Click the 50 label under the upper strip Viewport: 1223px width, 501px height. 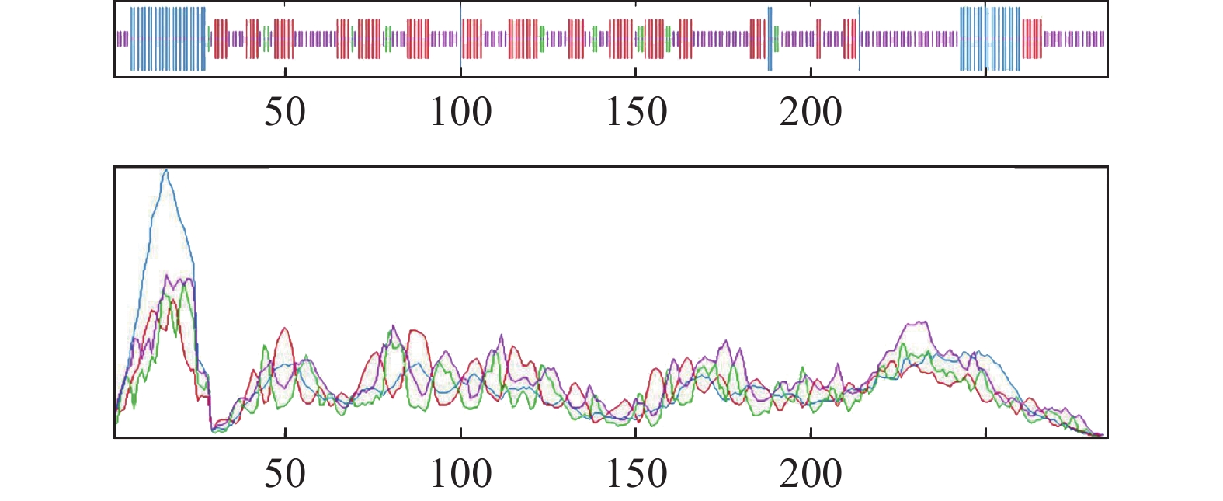point(285,113)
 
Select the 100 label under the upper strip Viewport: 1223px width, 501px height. point(461,113)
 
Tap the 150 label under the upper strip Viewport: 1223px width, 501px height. point(636,113)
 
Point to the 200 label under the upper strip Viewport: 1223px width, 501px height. point(811,113)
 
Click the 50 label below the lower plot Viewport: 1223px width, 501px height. point(285,474)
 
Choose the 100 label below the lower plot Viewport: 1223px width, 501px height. point(461,474)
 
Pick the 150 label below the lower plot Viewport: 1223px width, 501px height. point(636,474)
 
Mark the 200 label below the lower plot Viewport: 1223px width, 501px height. point(811,474)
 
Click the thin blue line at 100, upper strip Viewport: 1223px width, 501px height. point(460,31)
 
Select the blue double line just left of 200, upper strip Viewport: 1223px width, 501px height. point(770,39)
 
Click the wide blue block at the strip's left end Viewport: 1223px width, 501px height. point(168,39)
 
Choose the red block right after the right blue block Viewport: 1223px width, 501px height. point(1033,39)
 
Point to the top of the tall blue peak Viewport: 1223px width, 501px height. point(165,171)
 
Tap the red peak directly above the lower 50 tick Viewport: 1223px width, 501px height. point(285,329)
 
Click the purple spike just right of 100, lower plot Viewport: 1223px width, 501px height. point(502,336)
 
